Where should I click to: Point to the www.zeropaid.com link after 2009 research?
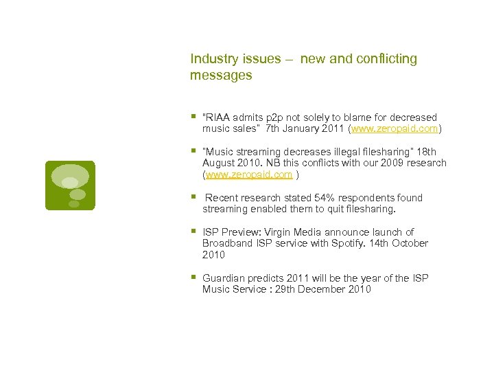click(249, 175)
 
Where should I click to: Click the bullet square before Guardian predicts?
click(193, 278)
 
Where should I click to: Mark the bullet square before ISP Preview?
click(193, 232)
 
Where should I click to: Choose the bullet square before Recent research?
click(193, 197)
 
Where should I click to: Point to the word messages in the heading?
click(221, 76)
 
